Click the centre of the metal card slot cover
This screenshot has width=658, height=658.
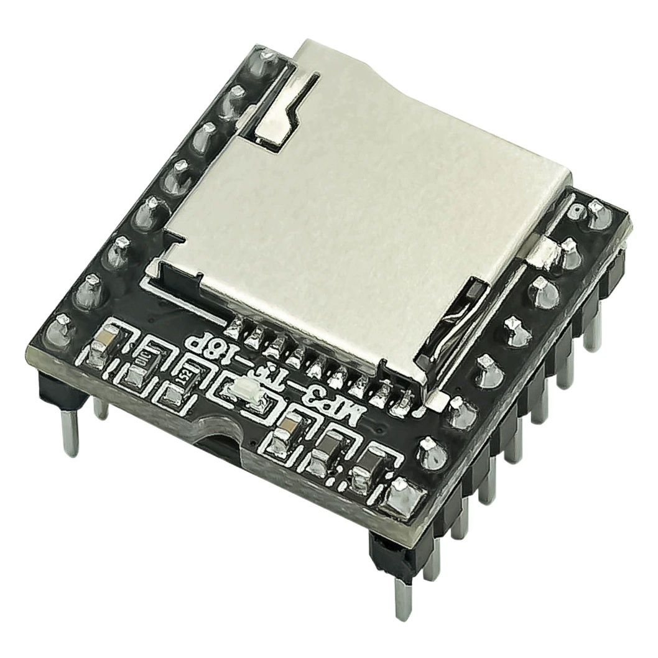pyautogui.click(x=367, y=205)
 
